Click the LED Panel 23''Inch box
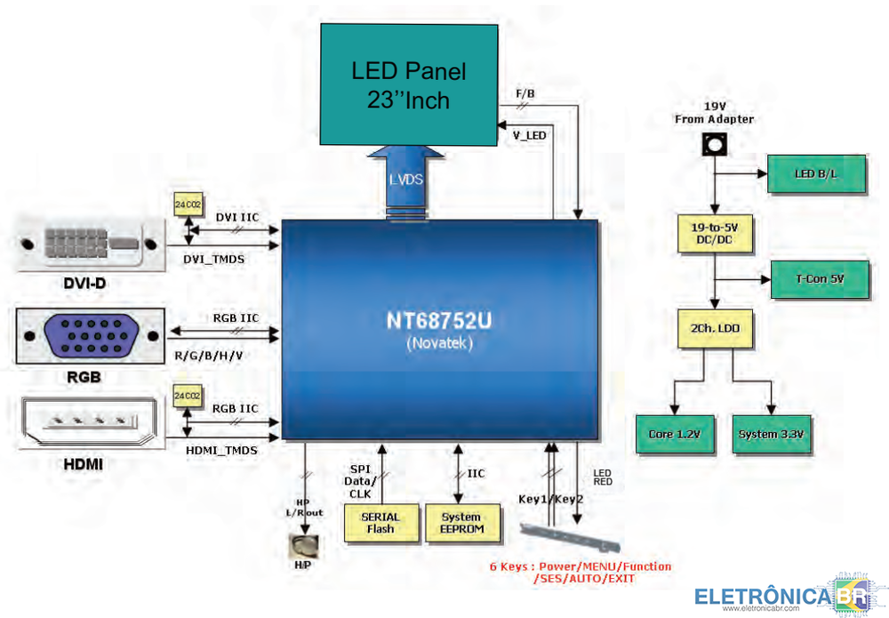click(408, 84)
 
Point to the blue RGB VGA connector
click(89, 336)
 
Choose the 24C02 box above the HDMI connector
click(188, 396)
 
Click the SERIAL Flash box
click(380, 522)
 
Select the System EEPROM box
click(461, 522)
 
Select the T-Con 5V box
click(819, 279)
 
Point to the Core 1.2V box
click(675, 434)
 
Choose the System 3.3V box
click(771, 434)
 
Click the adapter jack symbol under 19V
click(713, 142)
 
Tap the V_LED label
click(530, 135)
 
